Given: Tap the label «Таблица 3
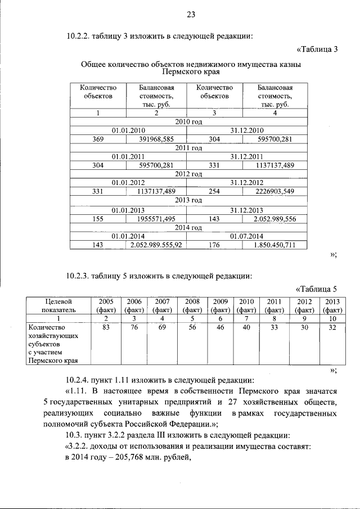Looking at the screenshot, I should click(x=317, y=49).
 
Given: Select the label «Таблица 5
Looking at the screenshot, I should click(x=316, y=289).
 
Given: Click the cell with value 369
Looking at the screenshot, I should click(x=98, y=139).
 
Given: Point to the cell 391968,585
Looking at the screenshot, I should click(x=156, y=139).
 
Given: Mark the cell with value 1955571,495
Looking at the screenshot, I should click(x=156, y=218).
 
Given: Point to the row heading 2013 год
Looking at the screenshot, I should click(x=188, y=200).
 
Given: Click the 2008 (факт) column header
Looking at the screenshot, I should click(x=192, y=305).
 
